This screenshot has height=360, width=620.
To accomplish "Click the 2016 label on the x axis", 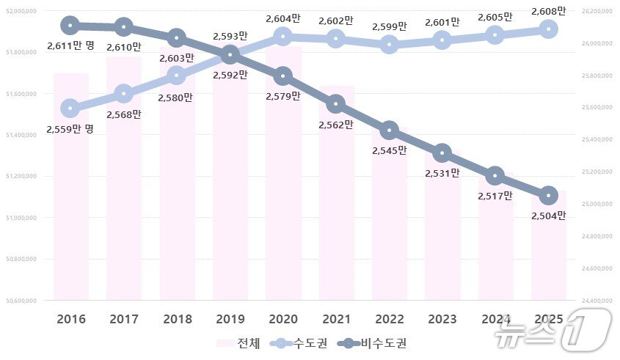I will pos(70,320).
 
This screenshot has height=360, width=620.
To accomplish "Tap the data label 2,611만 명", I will pos(70,45).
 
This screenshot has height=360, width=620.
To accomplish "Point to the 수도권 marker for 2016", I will pos(70,109).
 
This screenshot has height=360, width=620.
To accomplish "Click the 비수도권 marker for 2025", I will pos(548,196).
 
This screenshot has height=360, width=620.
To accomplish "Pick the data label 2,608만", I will pos(550,11).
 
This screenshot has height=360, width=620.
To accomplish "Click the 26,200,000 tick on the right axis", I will pos(595,11).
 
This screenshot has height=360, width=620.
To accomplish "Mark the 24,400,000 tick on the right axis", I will pos(595,301).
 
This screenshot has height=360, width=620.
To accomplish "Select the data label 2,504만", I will pos(550,216).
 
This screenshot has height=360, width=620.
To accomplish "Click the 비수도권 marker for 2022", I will pos(389,131).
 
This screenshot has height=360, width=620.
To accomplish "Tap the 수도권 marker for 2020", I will pos(282,36).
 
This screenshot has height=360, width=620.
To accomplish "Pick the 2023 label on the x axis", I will pos(442,320).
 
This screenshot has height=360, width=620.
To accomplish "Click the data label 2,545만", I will pos(390,150).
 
